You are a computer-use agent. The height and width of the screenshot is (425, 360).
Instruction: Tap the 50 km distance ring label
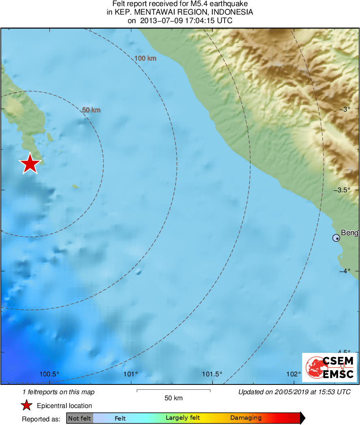point(91,110)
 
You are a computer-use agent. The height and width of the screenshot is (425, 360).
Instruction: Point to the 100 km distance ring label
point(145,58)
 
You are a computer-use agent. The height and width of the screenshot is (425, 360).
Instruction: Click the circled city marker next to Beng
point(336,238)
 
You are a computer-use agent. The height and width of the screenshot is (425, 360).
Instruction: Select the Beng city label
point(349,233)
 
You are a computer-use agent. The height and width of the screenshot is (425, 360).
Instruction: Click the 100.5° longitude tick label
point(50,374)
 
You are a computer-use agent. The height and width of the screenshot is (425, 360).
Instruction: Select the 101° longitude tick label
point(131,374)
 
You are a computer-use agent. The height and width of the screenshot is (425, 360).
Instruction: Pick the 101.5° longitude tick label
point(212,374)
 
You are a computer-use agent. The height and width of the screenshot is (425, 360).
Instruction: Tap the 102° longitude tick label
point(294,374)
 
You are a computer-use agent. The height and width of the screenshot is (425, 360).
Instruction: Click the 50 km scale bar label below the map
point(174,398)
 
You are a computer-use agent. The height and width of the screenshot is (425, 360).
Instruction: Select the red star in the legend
point(27,406)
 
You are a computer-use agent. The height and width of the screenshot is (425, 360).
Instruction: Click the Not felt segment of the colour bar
point(79,418)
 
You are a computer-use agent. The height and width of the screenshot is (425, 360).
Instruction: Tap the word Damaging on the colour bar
point(246,418)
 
